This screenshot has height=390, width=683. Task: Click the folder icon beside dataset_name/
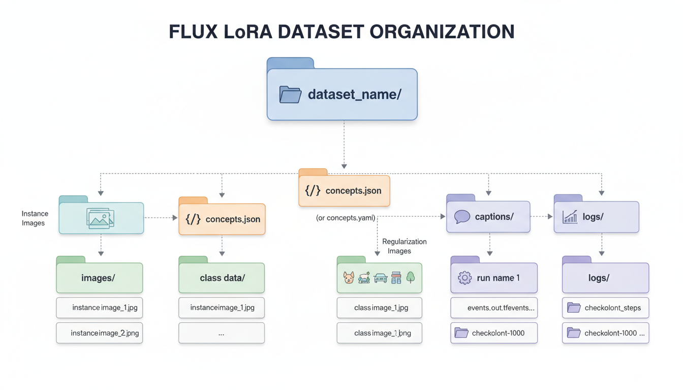[x=290, y=95]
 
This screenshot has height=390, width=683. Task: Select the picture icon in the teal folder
[x=101, y=218]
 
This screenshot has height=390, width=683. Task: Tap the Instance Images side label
[x=35, y=218]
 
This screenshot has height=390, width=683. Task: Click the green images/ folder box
[x=99, y=278]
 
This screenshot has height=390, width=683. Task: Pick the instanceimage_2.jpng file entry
[x=99, y=333]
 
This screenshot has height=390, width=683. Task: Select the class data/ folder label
[x=223, y=278]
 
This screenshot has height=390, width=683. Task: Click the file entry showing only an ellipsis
[x=222, y=333]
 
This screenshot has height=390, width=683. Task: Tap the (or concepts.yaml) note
[x=346, y=218]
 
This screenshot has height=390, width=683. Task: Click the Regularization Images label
[x=404, y=246]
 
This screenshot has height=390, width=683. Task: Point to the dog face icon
[x=349, y=278]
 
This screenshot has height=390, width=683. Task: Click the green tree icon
[x=411, y=277]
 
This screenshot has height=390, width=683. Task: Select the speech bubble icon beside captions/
[x=462, y=217]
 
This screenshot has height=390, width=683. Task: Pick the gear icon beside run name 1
[x=464, y=278]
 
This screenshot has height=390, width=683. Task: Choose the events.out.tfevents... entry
[x=494, y=308]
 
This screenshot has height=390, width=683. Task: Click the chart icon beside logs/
[x=570, y=217]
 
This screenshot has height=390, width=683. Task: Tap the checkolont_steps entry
[x=605, y=308]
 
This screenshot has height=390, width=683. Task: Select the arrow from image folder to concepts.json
[x=161, y=218]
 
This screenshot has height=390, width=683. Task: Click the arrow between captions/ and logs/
[x=542, y=217]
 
